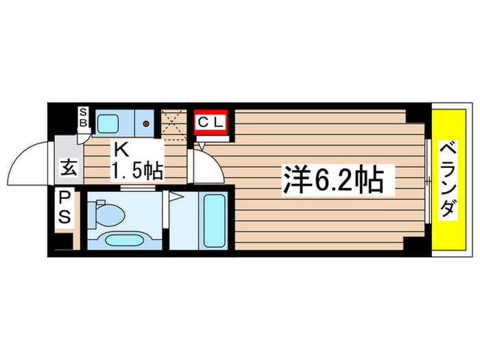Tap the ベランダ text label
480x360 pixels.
tap(448, 180)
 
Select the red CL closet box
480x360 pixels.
tap(213, 123)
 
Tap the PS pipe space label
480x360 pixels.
tap(67, 207)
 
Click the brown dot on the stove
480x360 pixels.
tap(146, 123)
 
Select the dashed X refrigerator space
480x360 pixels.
tap(175, 123)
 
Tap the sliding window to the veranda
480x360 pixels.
tap(428, 180)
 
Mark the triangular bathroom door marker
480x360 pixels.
tap(175, 197)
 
